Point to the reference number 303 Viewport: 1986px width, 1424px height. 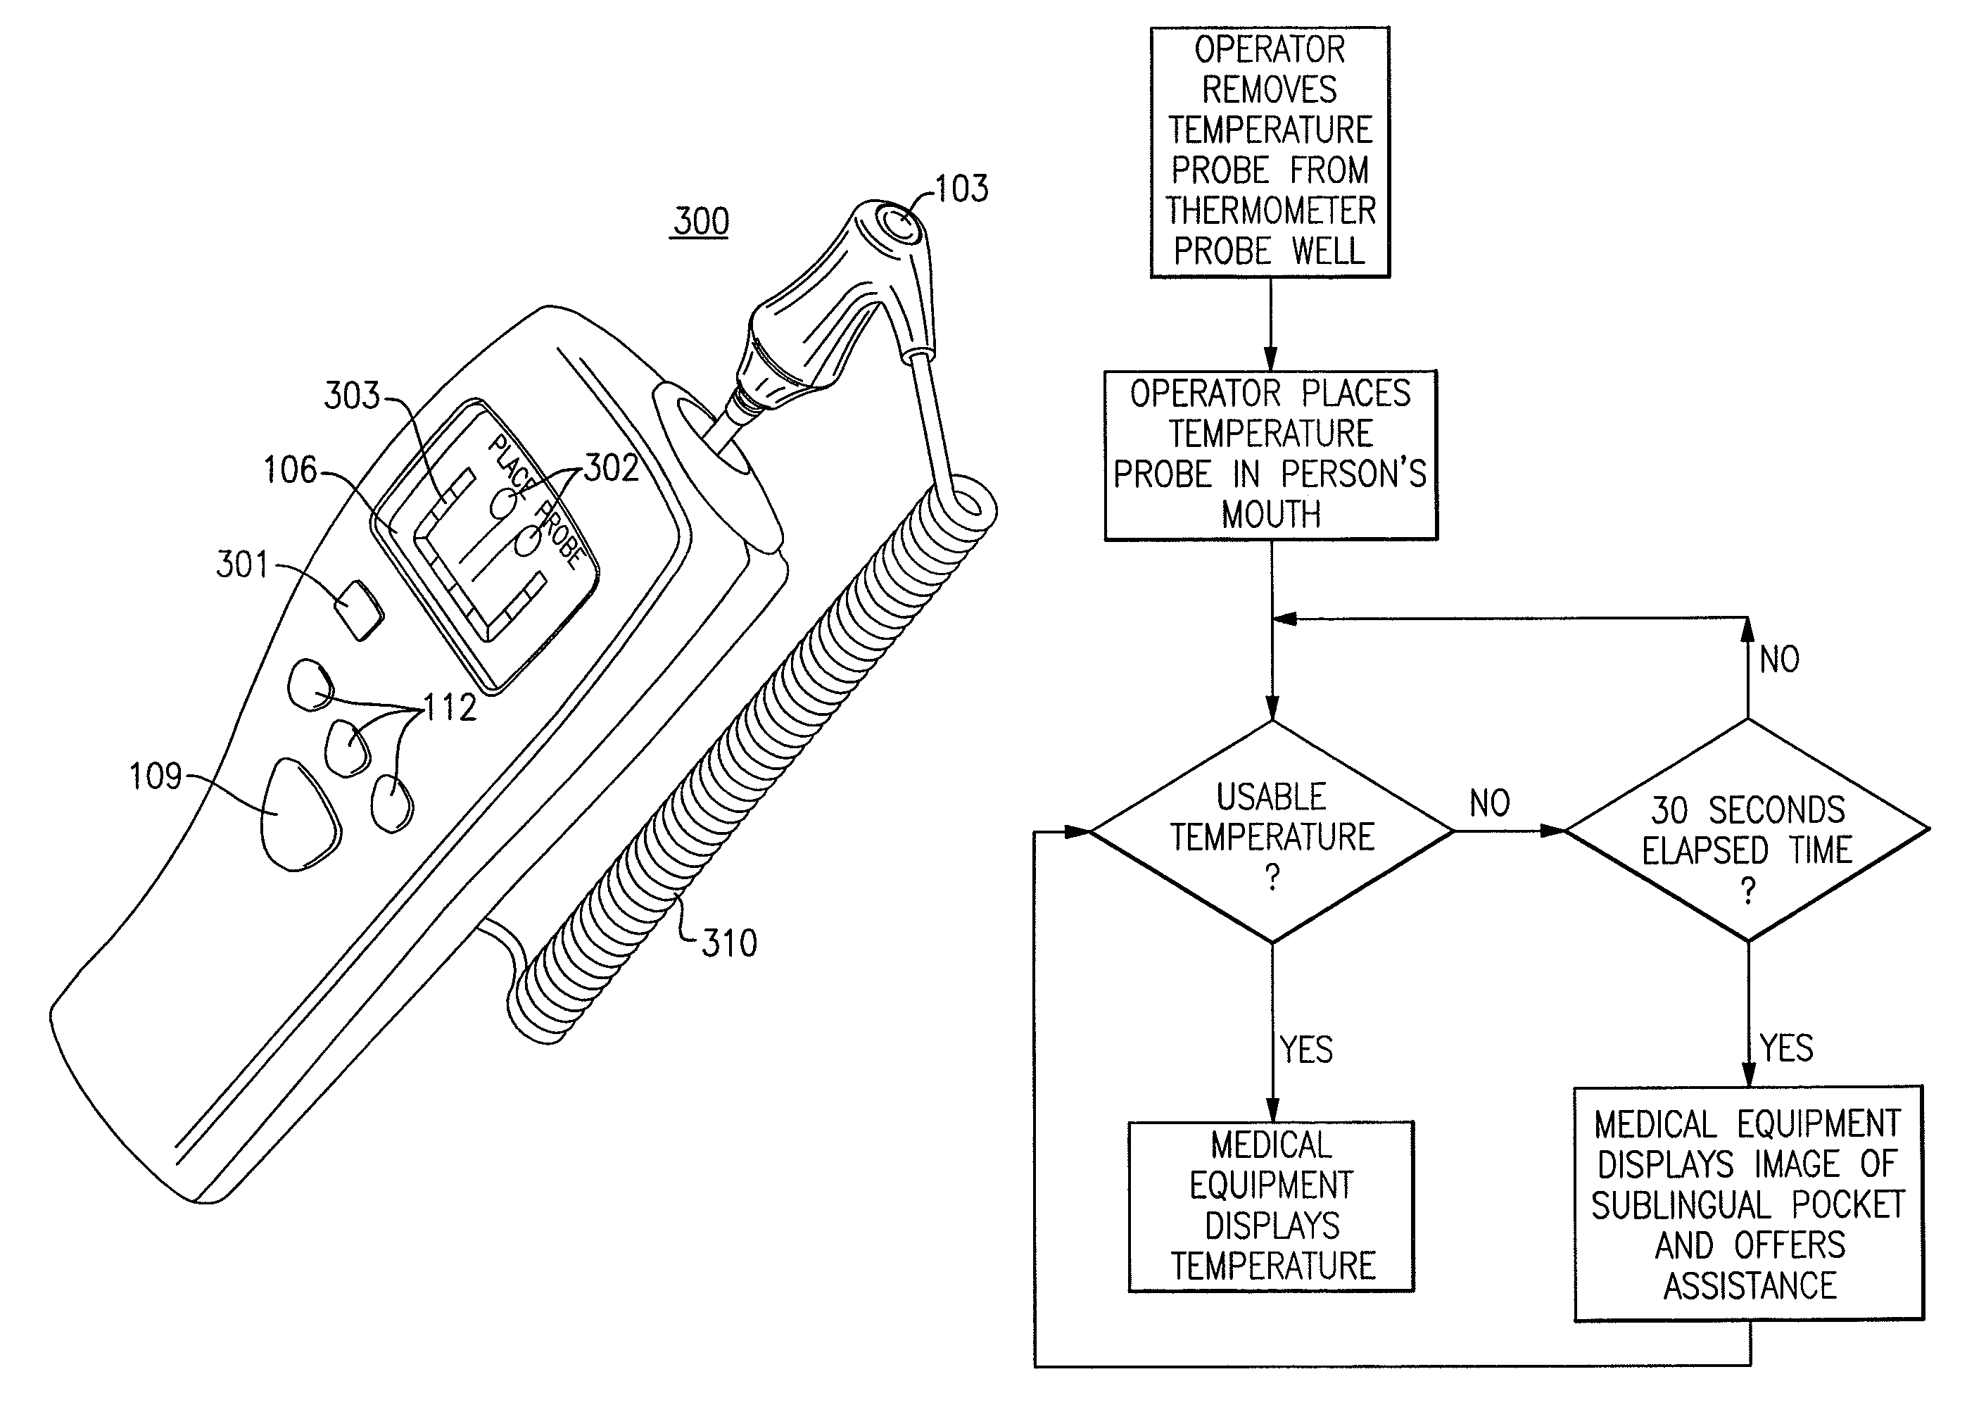click(352, 396)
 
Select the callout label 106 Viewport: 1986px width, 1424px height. click(290, 470)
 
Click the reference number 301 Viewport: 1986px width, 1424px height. click(243, 565)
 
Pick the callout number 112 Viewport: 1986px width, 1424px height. click(450, 707)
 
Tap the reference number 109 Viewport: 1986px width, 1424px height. click(155, 776)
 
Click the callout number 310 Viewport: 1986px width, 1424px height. click(729, 943)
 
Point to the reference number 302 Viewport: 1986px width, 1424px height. click(611, 469)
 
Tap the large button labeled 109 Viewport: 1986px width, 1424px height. click(298, 814)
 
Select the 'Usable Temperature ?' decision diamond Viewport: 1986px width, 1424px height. click(1272, 831)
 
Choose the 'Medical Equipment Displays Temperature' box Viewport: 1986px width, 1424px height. click(1272, 1206)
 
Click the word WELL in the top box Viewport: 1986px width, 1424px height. click(1329, 251)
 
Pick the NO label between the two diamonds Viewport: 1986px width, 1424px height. click(1489, 803)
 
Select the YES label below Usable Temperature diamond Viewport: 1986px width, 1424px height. click(1306, 1050)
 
